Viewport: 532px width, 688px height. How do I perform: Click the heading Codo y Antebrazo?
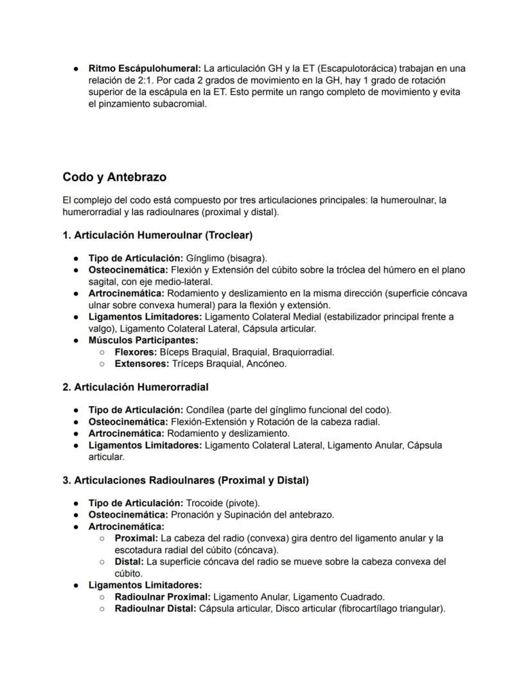point(114,177)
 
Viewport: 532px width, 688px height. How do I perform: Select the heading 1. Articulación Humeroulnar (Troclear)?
point(157,236)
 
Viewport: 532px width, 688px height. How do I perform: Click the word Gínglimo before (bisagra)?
point(205,258)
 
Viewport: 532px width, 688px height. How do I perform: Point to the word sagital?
point(104,281)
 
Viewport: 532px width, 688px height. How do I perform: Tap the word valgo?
point(100,328)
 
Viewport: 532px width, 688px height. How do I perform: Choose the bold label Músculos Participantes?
point(143,340)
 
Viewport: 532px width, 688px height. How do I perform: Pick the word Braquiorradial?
point(303,352)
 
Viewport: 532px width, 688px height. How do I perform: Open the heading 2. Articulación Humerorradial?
point(136,387)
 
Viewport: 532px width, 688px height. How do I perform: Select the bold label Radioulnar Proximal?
point(162,597)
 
